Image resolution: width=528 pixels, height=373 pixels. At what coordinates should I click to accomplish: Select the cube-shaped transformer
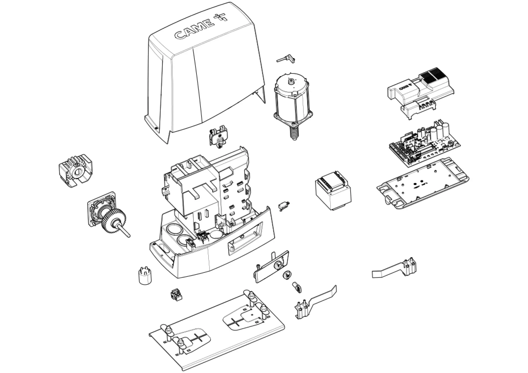click(x=333, y=190)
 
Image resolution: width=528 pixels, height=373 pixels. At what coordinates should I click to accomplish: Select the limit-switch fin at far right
click(x=396, y=268)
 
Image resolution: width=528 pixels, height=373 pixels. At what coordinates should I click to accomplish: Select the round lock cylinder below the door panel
click(x=287, y=275)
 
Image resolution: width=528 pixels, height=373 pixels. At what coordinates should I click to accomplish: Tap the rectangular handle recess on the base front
click(x=245, y=242)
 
